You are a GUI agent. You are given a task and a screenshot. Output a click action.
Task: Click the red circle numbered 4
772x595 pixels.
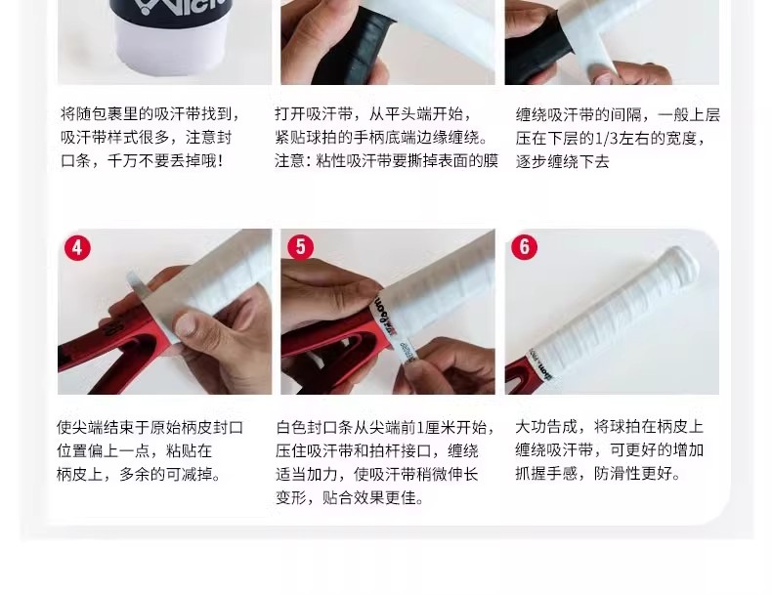77,247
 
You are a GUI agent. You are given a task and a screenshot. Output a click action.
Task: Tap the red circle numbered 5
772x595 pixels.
300,247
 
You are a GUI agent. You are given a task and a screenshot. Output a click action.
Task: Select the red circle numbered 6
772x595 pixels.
525,246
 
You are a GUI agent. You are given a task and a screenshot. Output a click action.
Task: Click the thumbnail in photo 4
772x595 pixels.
186,324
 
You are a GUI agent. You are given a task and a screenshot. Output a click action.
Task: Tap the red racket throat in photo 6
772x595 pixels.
519,378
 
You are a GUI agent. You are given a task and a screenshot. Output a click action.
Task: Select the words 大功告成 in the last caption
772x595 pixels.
546,427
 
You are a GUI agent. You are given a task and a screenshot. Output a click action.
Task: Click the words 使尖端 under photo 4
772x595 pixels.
80,427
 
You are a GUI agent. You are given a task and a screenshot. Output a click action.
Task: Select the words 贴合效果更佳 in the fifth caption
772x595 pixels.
369,497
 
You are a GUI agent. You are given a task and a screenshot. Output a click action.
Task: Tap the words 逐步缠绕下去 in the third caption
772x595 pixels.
563,161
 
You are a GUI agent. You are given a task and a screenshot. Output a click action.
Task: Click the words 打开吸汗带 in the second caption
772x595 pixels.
314,113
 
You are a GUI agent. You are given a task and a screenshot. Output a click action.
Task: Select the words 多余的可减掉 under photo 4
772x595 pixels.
166,474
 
